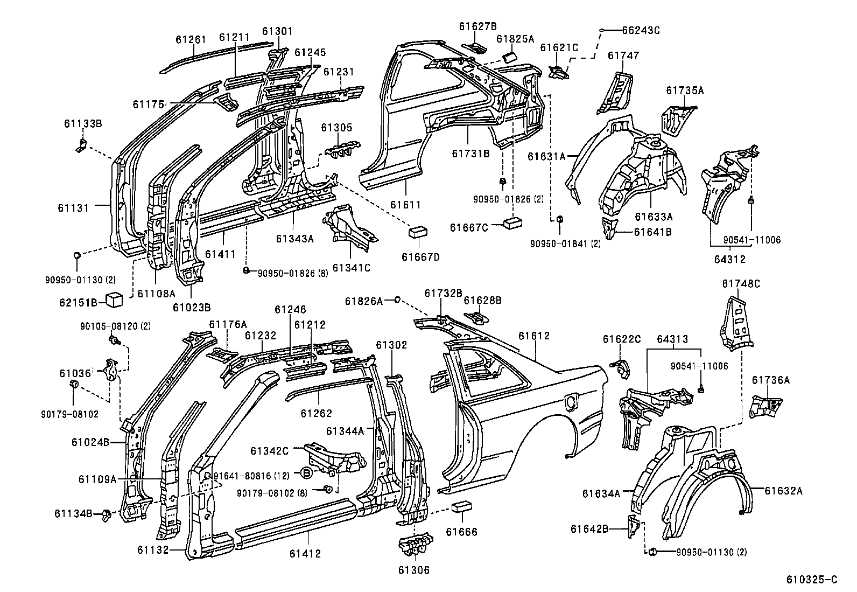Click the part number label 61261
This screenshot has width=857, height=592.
tap(191, 40)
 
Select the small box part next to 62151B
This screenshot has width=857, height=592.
tap(114, 299)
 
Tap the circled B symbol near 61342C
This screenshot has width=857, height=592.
tap(306, 473)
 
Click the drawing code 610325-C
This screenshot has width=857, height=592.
tap(812, 580)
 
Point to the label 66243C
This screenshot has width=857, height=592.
tap(641, 30)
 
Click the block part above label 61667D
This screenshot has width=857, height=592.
tap(419, 232)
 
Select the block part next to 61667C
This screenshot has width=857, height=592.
tap(513, 222)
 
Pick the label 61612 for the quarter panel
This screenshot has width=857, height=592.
tap(534, 336)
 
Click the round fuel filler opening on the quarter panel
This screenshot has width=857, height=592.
tap(570, 401)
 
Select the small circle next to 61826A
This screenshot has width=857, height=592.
tap(397, 300)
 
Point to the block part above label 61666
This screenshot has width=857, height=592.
tap(462, 507)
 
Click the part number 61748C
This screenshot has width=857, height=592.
tap(741, 284)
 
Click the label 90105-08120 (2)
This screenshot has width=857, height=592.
tap(108, 326)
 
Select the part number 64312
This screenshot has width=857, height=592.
tap(729, 259)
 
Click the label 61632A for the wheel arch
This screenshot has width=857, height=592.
tap(783, 490)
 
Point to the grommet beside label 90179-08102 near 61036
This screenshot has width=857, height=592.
tap(75, 384)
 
